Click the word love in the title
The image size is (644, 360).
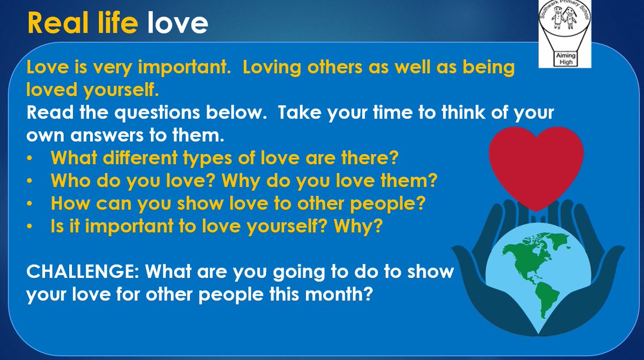point(178,23)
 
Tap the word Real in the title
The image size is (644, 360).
point(57,23)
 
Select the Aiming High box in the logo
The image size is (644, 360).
point(566,58)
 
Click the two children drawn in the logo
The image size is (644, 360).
point(564,18)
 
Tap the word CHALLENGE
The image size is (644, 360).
point(83,271)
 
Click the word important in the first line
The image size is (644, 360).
point(184,68)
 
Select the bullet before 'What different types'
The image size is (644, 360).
point(30,158)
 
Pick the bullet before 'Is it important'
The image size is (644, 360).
point(30,226)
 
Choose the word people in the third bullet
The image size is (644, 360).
point(387,204)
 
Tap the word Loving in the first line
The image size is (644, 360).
point(272,68)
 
